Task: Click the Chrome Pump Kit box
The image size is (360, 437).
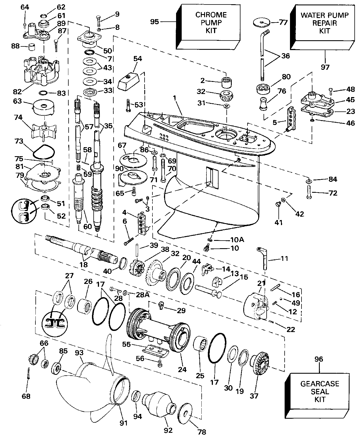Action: coord(211,27)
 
